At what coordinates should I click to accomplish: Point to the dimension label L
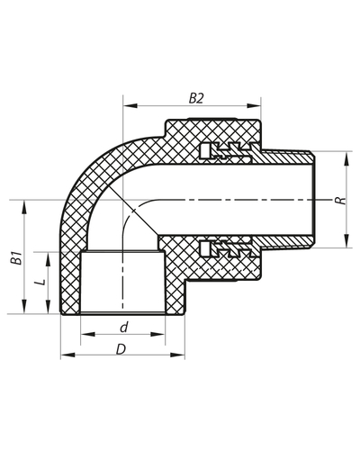point(37,283)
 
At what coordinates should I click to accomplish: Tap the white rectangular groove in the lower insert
point(211,247)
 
